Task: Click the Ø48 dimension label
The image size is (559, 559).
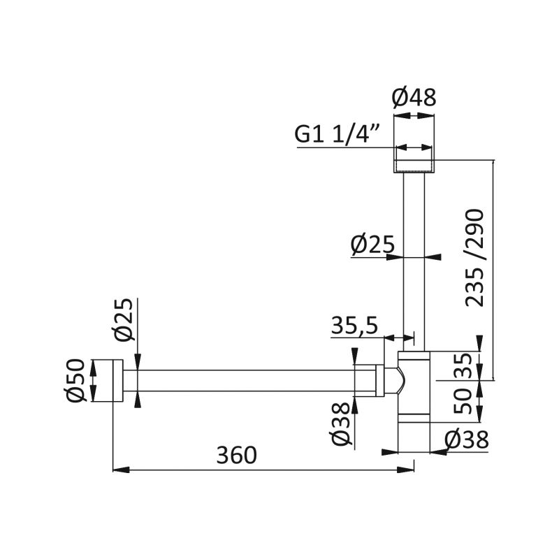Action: pos(414,98)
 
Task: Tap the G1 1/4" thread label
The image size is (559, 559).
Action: pos(337,134)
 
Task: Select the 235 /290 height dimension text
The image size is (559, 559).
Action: pos(474,258)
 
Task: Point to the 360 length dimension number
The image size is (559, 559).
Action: pos(236,456)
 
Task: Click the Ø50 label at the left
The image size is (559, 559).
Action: pos(76,380)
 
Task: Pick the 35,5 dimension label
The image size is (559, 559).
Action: pos(354,325)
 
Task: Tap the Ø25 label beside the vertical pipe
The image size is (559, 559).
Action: pos(372,245)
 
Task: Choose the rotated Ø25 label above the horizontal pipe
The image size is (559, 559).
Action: pos(124,320)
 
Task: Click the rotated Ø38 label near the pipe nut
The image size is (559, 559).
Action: pos(341,424)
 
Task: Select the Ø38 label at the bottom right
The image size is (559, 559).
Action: pos(466,440)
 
